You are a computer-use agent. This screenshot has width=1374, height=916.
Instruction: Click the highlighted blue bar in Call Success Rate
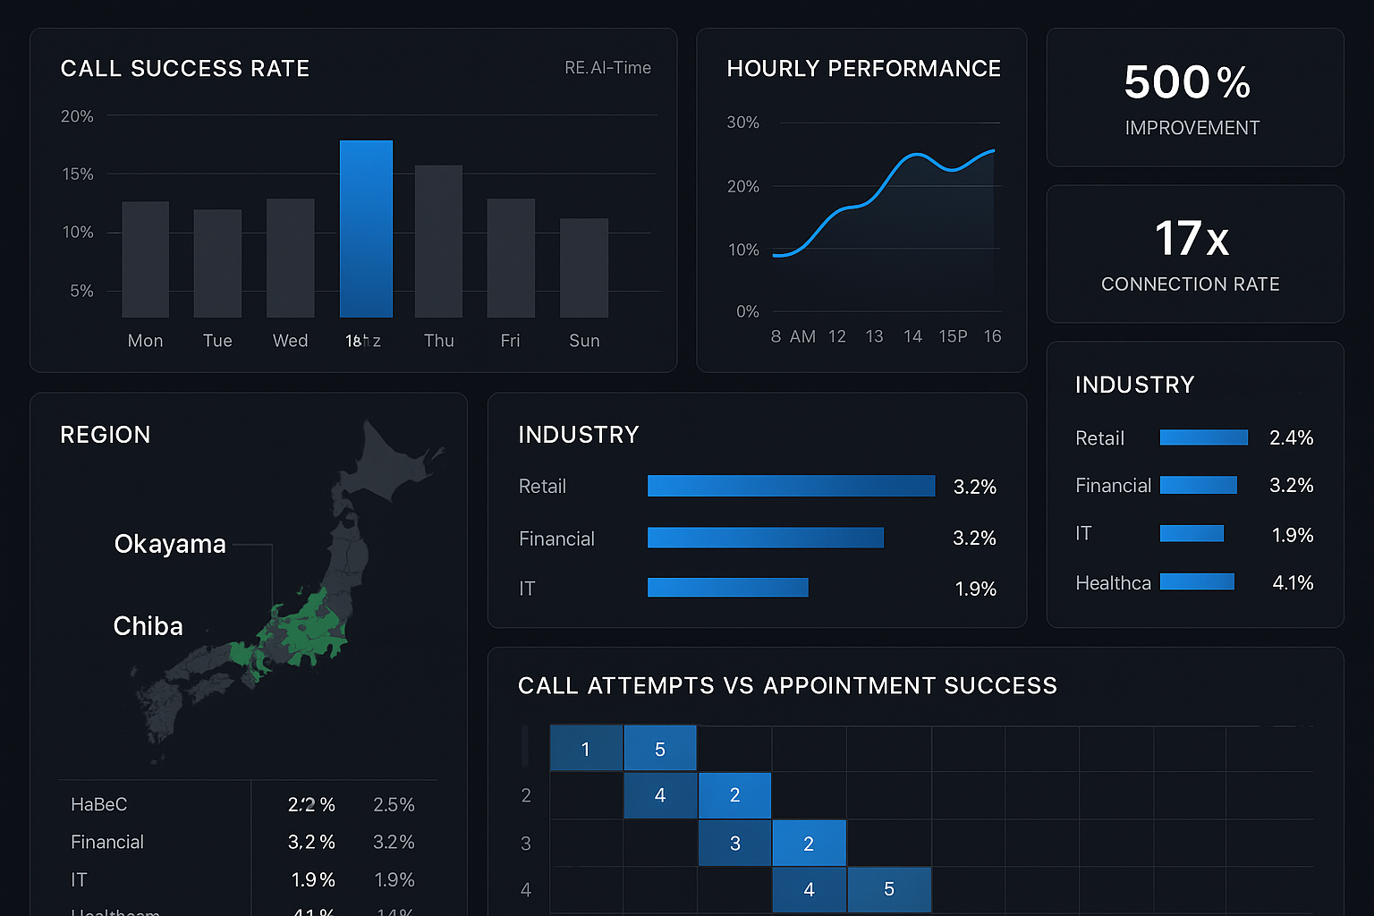pyautogui.click(x=366, y=229)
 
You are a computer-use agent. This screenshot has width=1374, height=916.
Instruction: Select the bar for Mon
pyautogui.click(x=145, y=259)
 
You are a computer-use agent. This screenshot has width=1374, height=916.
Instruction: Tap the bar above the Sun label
pyautogui.click(x=584, y=267)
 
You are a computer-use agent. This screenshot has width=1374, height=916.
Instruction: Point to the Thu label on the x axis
pyautogui.click(x=439, y=341)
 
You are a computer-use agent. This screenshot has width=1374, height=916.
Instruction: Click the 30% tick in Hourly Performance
pyautogui.click(x=742, y=123)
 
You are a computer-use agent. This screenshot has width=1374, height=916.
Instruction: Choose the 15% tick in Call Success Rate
pyautogui.click(x=78, y=174)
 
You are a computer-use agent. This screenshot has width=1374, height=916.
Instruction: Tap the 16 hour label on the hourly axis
pyautogui.click(x=992, y=336)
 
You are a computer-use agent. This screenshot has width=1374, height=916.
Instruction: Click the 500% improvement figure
pyautogui.click(x=1187, y=82)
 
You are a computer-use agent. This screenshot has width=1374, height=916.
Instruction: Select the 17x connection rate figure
pyautogui.click(x=1192, y=239)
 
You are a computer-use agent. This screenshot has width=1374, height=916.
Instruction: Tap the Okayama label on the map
pyautogui.click(x=170, y=544)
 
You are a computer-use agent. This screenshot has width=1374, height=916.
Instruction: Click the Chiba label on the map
pyautogui.click(x=148, y=626)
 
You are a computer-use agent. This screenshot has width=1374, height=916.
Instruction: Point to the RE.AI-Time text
pyautogui.click(x=607, y=68)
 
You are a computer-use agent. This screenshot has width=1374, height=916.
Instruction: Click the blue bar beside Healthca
pyautogui.click(x=1197, y=582)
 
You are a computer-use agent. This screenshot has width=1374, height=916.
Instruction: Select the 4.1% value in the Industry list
pyautogui.click(x=1293, y=583)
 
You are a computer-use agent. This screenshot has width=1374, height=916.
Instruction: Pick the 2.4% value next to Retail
pyautogui.click(x=1291, y=438)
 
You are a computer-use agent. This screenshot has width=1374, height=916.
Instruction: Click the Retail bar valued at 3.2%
pyautogui.click(x=791, y=486)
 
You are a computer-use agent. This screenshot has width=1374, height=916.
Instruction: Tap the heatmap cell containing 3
pyautogui.click(x=735, y=844)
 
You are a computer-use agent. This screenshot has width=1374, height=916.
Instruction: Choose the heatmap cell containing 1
pyautogui.click(x=586, y=749)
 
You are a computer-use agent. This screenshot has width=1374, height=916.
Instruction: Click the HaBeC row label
pyautogui.click(x=99, y=805)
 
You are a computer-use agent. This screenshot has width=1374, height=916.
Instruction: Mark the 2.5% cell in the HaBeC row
pyautogui.click(x=394, y=805)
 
